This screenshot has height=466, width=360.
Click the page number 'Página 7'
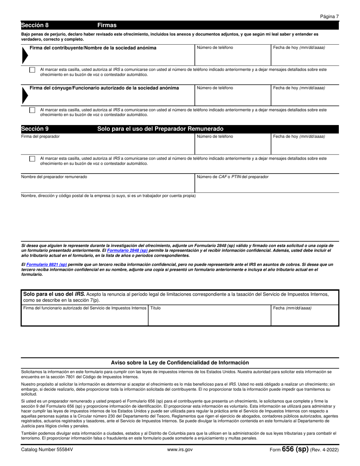point(329,17)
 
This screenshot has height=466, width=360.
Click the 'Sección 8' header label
point(35,25)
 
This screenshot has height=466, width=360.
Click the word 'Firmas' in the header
point(107,25)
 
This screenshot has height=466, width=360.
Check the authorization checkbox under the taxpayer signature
point(32,70)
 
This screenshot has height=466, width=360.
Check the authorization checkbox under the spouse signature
point(32,110)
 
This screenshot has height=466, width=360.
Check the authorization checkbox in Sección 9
point(32,158)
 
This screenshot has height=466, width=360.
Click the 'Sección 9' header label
point(35,129)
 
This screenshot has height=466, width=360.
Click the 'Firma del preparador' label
point(40,136)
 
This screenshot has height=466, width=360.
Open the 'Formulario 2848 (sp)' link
point(127,250)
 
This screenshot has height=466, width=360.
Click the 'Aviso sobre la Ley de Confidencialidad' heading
point(180,363)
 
